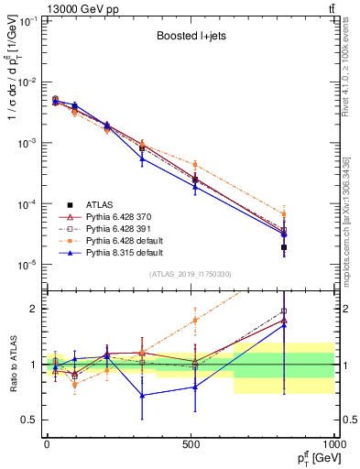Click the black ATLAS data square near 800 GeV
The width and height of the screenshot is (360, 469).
(x=284, y=247)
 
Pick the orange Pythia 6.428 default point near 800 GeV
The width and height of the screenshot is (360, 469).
(x=284, y=214)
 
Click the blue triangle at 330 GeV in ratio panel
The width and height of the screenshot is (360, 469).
(x=142, y=396)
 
